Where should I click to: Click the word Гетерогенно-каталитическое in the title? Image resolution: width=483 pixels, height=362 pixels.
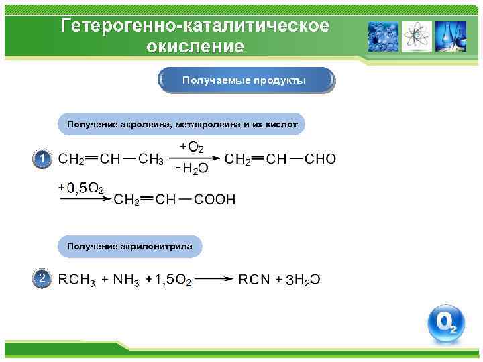(195, 25)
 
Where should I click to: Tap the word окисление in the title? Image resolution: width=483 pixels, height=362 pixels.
(195, 47)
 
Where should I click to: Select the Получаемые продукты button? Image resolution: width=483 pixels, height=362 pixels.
(246, 81)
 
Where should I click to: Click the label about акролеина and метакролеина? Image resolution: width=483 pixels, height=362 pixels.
(182, 124)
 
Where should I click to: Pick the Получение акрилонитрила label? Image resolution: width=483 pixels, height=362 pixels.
(129, 247)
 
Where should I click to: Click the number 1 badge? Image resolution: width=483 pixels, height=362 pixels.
(42, 158)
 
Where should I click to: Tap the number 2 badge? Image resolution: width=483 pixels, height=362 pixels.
(42, 278)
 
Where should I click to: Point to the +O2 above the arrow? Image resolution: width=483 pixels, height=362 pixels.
(192, 147)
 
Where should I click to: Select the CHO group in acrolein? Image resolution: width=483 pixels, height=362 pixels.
(321, 159)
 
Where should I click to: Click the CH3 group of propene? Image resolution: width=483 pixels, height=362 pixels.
(151, 159)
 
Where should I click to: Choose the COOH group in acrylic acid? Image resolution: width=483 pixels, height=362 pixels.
(215, 199)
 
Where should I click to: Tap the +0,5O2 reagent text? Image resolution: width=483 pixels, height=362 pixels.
(81, 188)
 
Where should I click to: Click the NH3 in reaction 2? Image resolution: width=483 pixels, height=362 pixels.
(125, 280)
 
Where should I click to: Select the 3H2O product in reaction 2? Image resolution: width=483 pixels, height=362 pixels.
(303, 280)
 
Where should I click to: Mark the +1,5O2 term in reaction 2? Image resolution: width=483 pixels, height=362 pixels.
(168, 280)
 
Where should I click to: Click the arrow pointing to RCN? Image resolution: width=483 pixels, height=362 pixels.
(215, 279)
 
